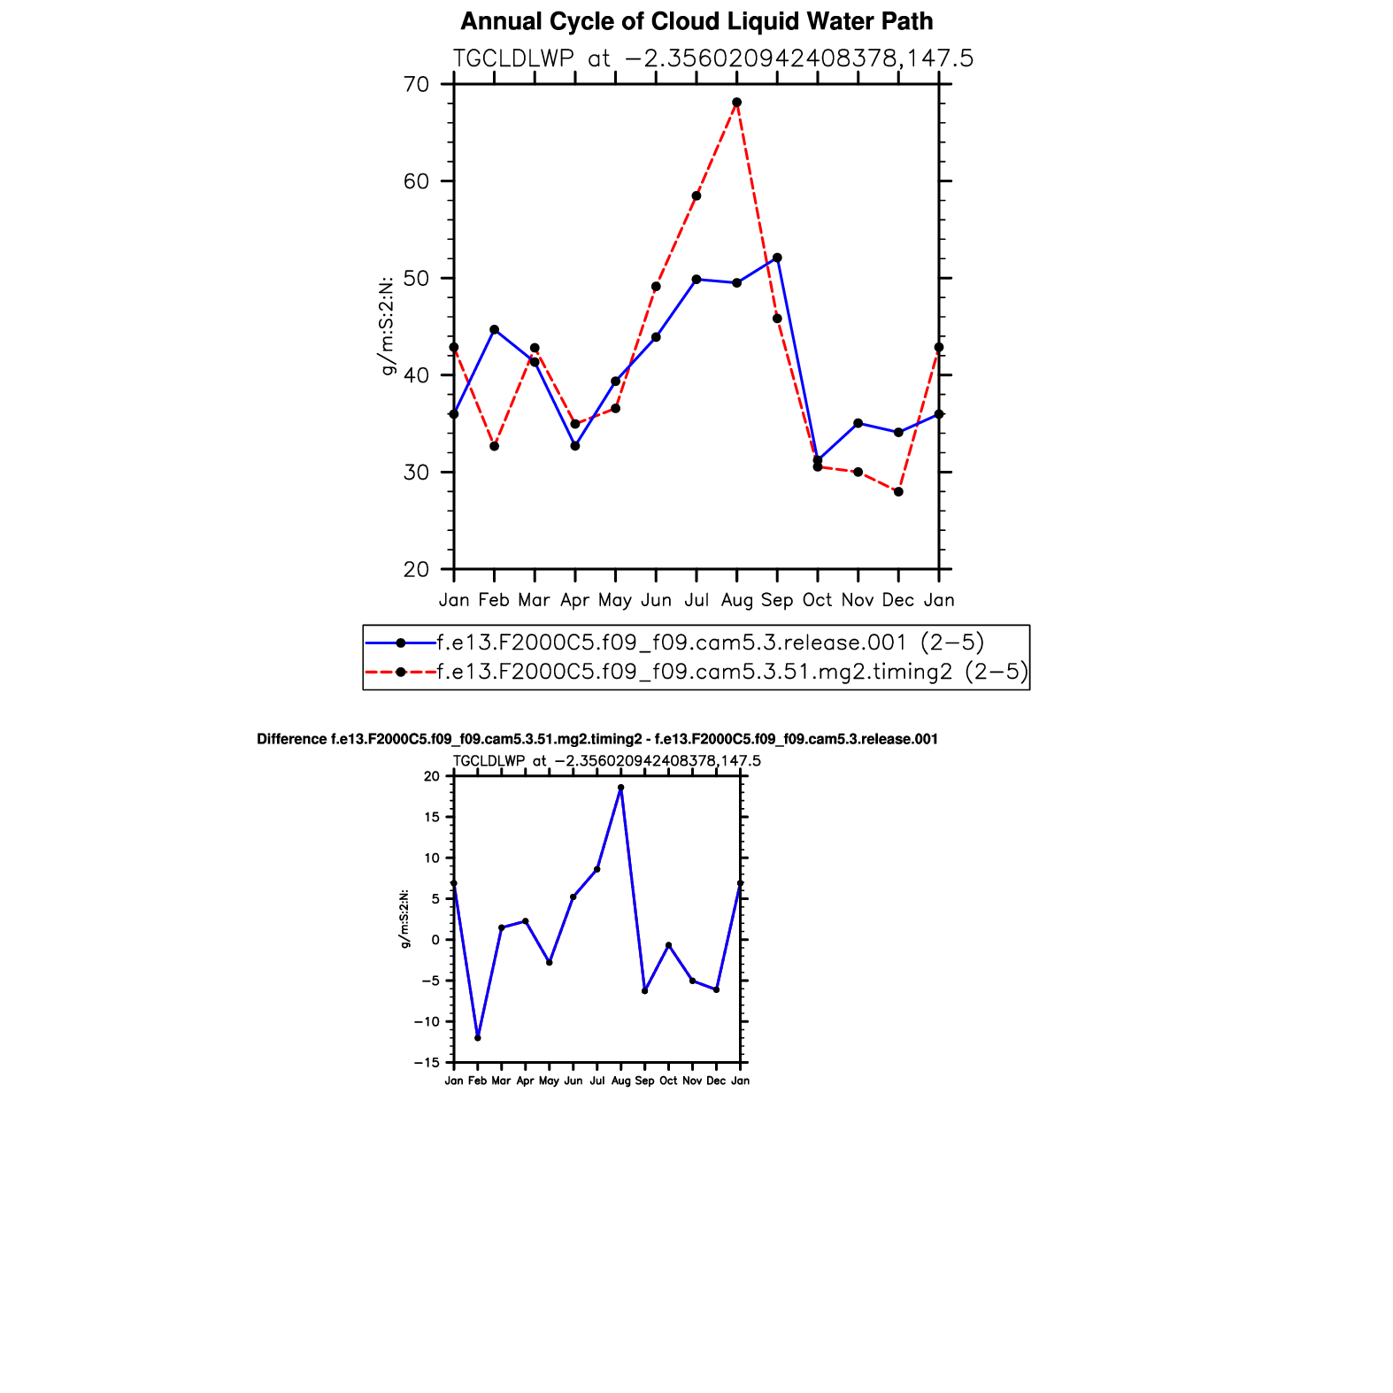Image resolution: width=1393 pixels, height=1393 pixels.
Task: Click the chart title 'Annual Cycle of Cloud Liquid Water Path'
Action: (x=696, y=21)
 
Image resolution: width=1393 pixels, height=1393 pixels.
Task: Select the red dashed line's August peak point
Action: (x=736, y=103)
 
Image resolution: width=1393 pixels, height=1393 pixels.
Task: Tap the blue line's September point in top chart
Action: (x=777, y=258)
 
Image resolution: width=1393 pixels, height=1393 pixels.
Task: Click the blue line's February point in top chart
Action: (x=494, y=329)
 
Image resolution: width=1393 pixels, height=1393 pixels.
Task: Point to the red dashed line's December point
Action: (x=898, y=491)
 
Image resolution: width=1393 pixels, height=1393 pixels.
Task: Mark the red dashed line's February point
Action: (x=494, y=446)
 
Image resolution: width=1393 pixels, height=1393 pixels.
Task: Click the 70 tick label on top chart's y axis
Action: (x=416, y=85)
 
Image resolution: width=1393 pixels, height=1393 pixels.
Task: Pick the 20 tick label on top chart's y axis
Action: (x=416, y=569)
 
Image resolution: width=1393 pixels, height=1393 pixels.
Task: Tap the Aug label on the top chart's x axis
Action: (x=736, y=600)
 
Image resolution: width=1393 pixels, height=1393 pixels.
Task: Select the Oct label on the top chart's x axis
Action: (x=817, y=600)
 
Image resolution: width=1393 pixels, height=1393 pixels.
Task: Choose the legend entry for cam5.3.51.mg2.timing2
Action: (x=732, y=672)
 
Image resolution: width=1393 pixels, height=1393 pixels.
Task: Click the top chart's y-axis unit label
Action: (x=387, y=326)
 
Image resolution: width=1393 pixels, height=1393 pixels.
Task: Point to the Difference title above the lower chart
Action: (x=597, y=739)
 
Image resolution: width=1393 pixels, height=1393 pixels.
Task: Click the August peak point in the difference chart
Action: (x=620, y=787)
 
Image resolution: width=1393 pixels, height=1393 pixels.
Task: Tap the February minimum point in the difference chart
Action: (x=478, y=1037)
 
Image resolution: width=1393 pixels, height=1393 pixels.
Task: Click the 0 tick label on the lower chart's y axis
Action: (x=435, y=940)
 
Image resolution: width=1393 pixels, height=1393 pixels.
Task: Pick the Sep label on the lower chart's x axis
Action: (x=644, y=1081)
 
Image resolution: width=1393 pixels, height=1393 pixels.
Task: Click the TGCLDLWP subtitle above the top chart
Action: (x=712, y=58)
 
